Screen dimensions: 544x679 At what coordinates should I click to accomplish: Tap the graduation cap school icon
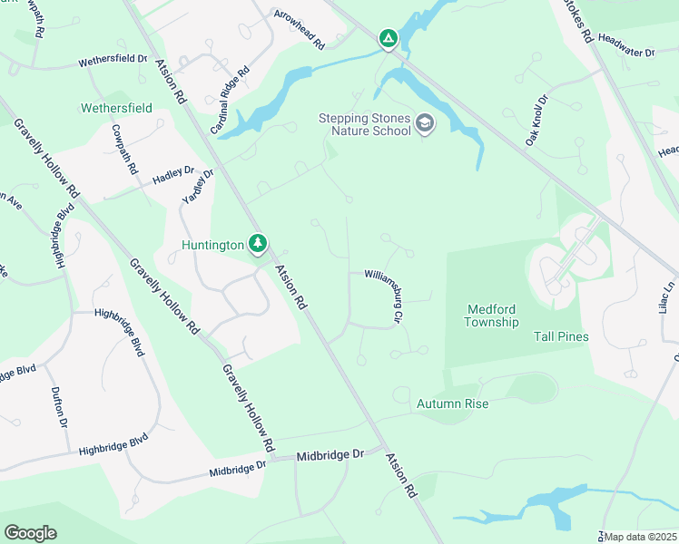425,123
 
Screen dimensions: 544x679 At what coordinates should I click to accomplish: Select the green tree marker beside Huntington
259,244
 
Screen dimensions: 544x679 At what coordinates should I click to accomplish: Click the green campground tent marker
389,39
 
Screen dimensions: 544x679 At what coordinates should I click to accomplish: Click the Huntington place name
213,245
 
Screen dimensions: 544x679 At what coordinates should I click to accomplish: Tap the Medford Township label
492,316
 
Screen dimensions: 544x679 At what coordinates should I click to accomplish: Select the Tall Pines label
560,337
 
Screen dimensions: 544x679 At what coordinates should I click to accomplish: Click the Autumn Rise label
452,403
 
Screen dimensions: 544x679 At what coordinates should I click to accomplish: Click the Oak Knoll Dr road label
536,121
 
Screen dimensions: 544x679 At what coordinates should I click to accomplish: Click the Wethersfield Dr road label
113,59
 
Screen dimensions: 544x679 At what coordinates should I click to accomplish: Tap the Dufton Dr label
59,407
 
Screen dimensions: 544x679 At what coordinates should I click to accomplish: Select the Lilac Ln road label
667,296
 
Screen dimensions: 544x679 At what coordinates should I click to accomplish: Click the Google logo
30,533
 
